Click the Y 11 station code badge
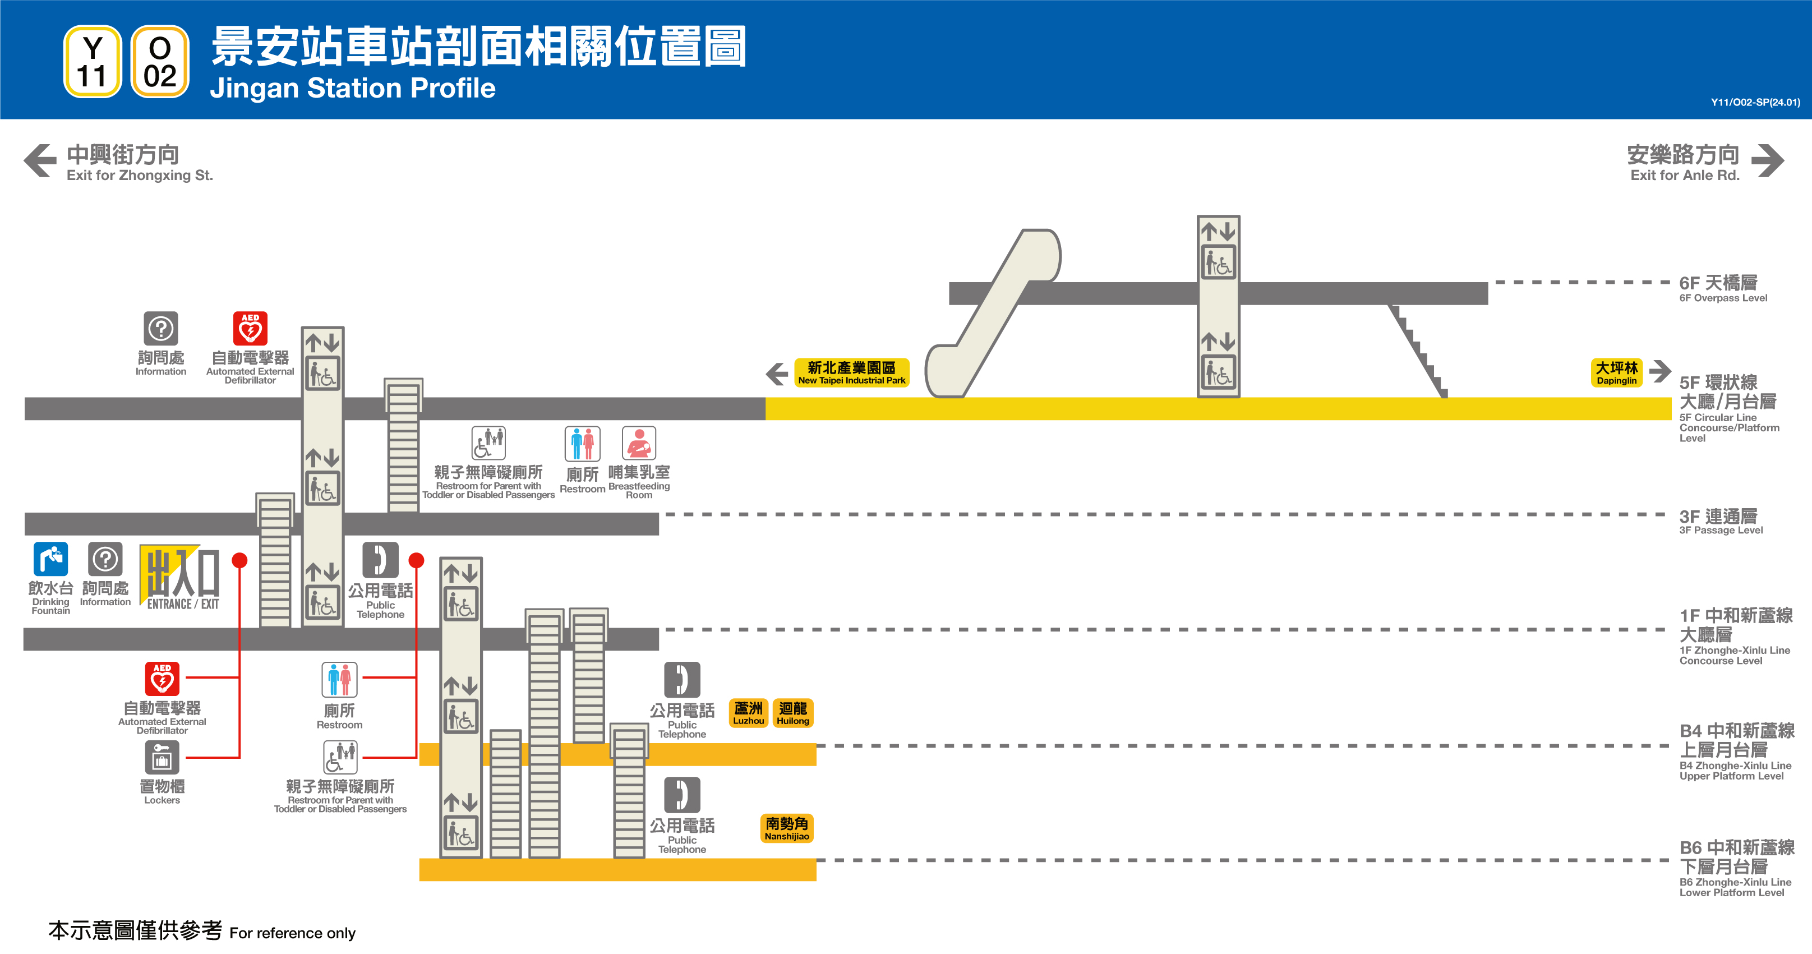pos(92,62)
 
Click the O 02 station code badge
pos(160,62)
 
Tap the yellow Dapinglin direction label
pos(1616,372)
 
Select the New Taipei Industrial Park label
pos(851,372)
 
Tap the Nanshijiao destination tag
pos(786,828)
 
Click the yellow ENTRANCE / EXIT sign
pos(180,577)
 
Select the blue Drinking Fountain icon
pos(50,559)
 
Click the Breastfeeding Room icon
pos(638,443)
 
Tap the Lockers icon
pos(162,758)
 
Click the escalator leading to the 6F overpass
pos(992,313)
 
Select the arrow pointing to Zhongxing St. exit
pos(40,160)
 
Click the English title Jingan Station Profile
pos(352,88)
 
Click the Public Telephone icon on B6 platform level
pos(681,794)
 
